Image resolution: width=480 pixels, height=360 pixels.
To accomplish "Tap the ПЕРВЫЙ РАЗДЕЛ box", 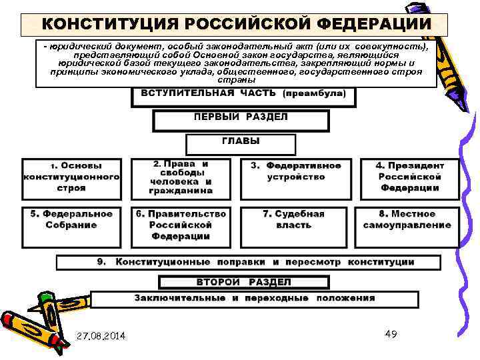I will point(241,119).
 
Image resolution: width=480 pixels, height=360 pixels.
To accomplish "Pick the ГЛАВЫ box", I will point(241,143).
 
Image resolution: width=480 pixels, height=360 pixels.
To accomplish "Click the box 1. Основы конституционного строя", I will point(71,177).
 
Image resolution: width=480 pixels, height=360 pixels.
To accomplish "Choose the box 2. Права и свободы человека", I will point(181,177).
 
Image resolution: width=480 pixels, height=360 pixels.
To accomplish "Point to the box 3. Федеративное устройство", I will point(295,172).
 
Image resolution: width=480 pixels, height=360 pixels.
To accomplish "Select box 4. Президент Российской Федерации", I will point(410,177).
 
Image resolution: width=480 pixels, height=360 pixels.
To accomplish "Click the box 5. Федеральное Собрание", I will point(71,220).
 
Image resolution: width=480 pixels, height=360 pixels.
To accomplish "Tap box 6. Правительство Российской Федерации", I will point(181,225).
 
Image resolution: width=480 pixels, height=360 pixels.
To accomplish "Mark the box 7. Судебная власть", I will point(294,220).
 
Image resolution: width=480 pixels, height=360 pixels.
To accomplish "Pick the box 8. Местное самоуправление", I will point(407,220).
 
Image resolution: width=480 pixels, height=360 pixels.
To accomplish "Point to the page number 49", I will point(391,333).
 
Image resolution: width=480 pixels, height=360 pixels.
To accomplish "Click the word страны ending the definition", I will point(236,80).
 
